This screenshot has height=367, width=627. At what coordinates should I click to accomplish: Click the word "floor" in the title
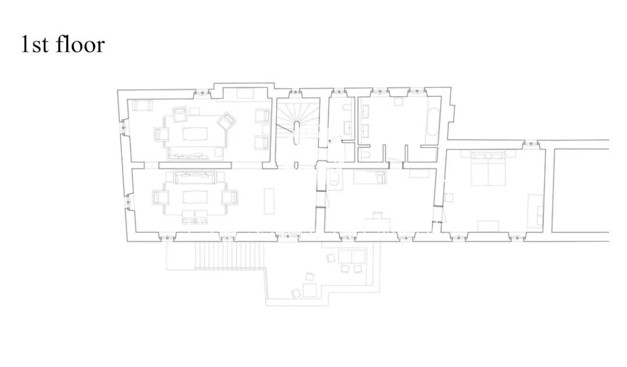[80, 44]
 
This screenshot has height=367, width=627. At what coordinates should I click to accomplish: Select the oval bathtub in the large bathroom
[433, 122]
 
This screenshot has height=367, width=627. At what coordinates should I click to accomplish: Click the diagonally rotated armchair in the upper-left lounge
[226, 122]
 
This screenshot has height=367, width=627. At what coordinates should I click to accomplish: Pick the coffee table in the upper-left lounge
[195, 134]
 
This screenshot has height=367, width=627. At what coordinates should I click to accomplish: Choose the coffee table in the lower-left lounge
[195, 197]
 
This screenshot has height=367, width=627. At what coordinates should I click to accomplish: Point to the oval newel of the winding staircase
[296, 133]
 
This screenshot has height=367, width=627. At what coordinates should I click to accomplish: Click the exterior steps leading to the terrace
[229, 256]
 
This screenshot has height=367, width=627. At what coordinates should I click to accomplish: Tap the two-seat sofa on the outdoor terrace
[352, 257]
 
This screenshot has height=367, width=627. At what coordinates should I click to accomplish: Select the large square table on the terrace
[309, 290]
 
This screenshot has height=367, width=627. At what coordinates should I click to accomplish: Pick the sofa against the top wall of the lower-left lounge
[195, 177]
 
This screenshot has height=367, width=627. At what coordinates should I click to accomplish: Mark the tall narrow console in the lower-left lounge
[269, 201]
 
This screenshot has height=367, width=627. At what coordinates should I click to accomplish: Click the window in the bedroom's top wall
[531, 144]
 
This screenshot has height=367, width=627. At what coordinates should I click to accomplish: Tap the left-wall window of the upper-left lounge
[123, 128]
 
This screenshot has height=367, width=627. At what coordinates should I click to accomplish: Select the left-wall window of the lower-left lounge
[129, 202]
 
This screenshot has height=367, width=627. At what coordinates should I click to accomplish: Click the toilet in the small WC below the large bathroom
[365, 155]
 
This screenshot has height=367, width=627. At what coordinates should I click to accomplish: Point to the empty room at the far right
[581, 191]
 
